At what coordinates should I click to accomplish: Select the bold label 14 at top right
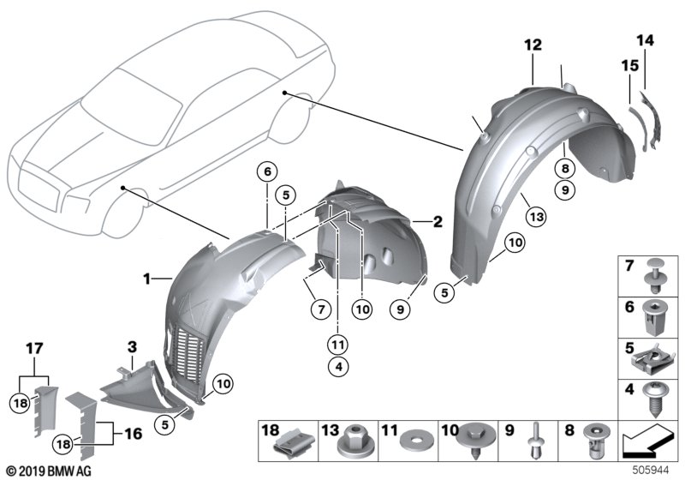pos(645,39)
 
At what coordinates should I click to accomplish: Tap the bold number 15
pos(629,64)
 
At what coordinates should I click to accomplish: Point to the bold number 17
pos(33,350)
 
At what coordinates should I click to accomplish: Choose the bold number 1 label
pos(147,279)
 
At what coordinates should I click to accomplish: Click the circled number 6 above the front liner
pos(267,172)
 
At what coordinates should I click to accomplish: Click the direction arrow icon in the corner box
pos(646,441)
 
